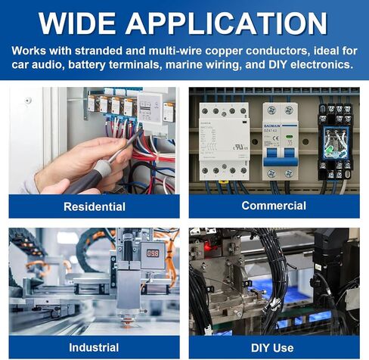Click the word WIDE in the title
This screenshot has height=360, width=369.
coord(77,23)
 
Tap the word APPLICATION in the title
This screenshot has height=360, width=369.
coord(226,23)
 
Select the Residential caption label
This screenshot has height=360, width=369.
coord(95,206)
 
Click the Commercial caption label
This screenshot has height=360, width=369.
coord(274,206)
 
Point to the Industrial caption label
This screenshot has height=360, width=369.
coord(94,347)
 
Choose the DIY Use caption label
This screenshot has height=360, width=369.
coord(272,348)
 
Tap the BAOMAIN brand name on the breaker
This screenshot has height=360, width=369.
coord(271,126)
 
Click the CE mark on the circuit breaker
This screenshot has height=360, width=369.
coord(276,138)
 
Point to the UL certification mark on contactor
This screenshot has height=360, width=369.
coord(240,147)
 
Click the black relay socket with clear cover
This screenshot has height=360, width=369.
coord(334,141)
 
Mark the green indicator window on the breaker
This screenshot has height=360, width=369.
coord(289,137)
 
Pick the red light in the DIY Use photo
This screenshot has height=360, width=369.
coord(208,248)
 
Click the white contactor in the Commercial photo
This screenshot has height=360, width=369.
coord(224,141)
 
